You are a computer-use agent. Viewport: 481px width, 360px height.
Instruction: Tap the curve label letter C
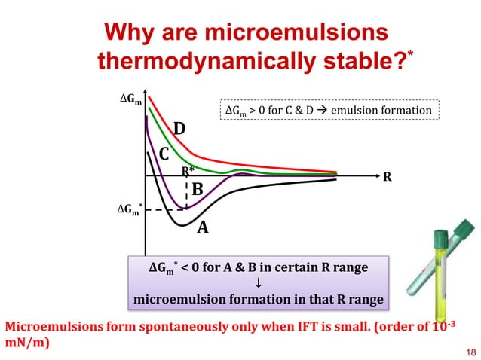(164, 155)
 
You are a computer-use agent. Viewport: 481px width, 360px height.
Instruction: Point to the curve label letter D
(180, 130)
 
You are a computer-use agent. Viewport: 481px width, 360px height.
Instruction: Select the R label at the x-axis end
(388, 178)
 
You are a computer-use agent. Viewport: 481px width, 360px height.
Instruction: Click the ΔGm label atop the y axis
(130, 98)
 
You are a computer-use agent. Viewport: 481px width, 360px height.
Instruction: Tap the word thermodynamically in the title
(197, 60)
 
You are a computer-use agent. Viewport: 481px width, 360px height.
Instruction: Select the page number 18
(472, 352)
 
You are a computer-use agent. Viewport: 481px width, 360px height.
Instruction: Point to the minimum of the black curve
(181, 224)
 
